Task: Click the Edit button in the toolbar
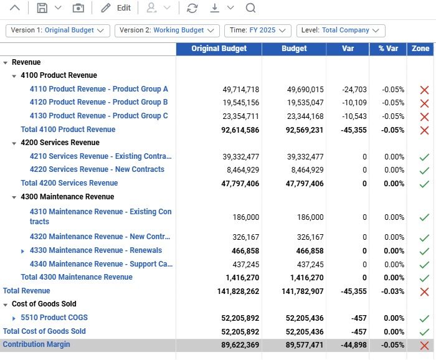116,8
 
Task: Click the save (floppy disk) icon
42,8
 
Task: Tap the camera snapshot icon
78,8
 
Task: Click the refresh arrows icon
192,8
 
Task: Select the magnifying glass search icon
250,8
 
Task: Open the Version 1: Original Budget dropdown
58,31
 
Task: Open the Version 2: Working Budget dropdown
167,31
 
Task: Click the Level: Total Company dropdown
341,31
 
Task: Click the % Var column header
388,49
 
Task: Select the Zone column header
421,49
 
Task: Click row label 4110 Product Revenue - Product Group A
99,89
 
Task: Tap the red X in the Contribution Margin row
424,346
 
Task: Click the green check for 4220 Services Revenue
424,170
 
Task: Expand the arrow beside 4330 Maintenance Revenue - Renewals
23,251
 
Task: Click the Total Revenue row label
27,291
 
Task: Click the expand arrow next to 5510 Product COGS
14,318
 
